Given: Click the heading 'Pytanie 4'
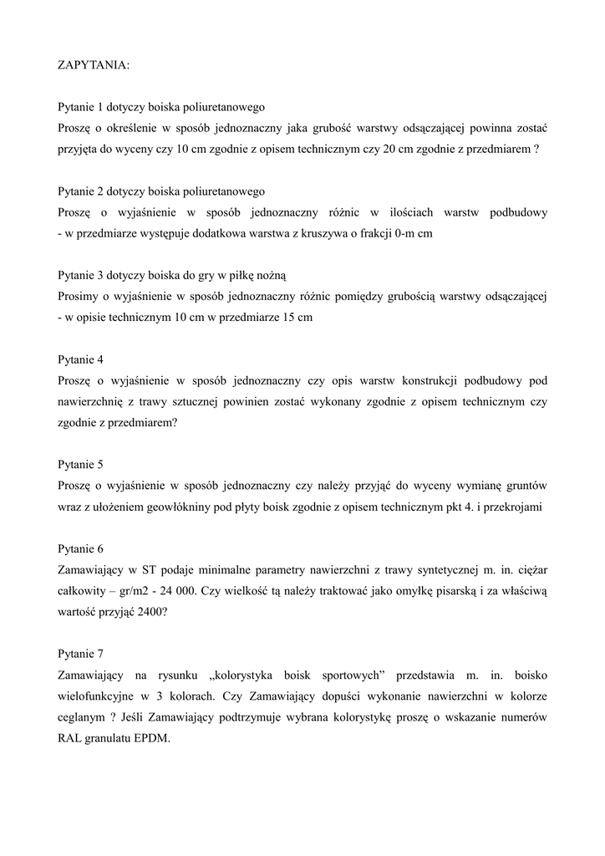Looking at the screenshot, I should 80,359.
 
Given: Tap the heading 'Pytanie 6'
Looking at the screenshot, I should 80,549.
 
